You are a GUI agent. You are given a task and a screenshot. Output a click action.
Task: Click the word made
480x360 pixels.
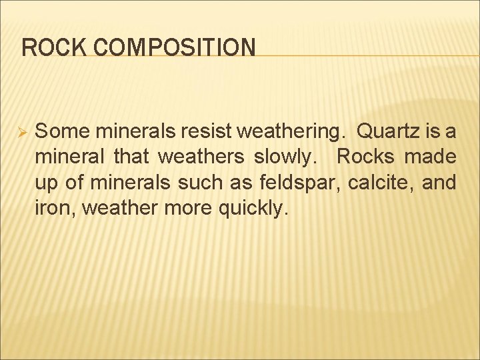433,157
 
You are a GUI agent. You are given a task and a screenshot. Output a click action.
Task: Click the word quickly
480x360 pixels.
255,208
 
